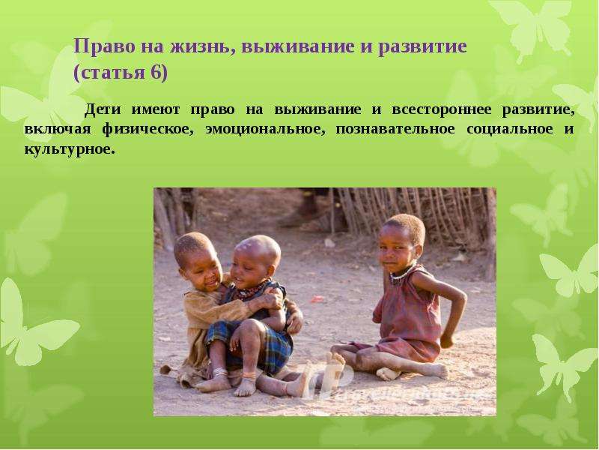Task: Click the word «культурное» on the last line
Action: tap(70, 148)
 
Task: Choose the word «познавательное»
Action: tap(395, 129)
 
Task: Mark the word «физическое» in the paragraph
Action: tap(148, 130)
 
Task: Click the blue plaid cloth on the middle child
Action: tap(264, 342)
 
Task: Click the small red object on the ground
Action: tap(317, 298)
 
